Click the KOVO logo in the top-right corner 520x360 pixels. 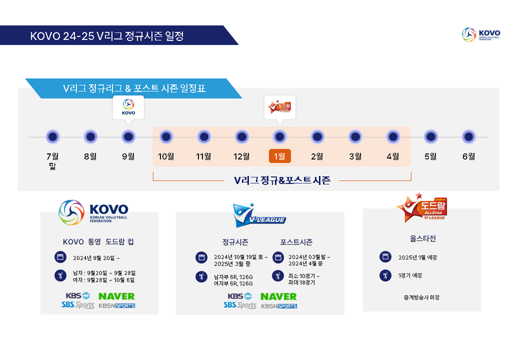tap(481, 34)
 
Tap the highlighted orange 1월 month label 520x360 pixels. tap(280, 156)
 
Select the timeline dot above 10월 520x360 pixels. tap(166, 137)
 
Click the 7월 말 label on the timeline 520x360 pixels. tap(52, 161)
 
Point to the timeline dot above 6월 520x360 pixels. tap(468, 137)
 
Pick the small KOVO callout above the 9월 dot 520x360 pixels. tap(128, 107)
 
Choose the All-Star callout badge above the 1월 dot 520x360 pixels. tap(280, 107)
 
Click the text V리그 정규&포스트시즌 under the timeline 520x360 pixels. tap(282, 180)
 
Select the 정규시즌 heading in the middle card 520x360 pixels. tap(235, 242)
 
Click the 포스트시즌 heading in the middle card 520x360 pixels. tap(296, 242)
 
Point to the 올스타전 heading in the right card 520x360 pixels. tap(423, 239)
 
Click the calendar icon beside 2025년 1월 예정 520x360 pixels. tap(385, 257)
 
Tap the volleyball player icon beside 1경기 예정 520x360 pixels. tap(385, 276)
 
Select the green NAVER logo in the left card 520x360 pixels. tap(116, 296)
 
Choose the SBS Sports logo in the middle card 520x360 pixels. tap(240, 306)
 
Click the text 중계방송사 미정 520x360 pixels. tap(422, 297)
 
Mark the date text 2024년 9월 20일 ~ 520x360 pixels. tap(96, 258)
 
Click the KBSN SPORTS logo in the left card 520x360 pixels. tap(117, 306)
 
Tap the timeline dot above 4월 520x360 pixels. tap(393, 137)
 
